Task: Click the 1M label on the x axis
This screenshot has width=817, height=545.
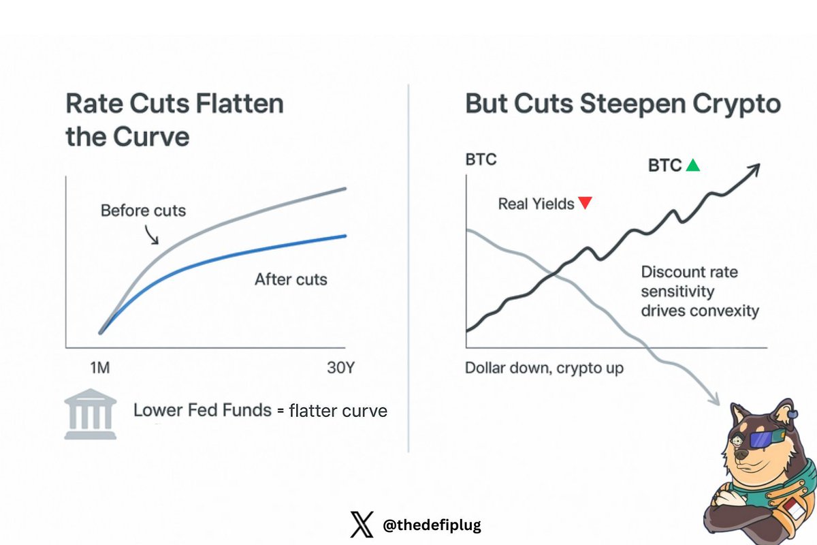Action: pos(100,369)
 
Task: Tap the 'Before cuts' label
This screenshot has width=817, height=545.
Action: pos(143,210)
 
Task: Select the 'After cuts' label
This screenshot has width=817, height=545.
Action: pos(291,279)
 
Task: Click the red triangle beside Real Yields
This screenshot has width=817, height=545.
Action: pos(584,203)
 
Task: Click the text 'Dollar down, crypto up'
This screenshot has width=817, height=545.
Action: pos(544,369)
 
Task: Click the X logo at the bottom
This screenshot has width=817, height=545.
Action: pos(362,525)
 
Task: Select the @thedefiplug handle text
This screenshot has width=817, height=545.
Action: pos(432,525)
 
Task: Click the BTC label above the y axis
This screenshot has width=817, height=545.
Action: pos(481,160)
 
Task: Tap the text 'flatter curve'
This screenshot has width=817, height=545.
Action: pos(338,411)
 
